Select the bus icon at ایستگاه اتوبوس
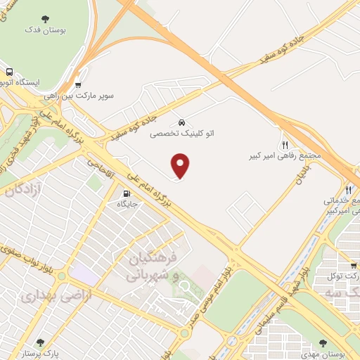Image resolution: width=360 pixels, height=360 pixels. pyautogui.click(x=10, y=72)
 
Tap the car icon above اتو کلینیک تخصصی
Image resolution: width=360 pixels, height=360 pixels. pyautogui.click(x=182, y=122)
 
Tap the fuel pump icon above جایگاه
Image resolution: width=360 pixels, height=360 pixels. pyautogui.click(x=127, y=194)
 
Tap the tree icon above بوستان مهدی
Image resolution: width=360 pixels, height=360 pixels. pyautogui.click(x=323, y=342)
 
